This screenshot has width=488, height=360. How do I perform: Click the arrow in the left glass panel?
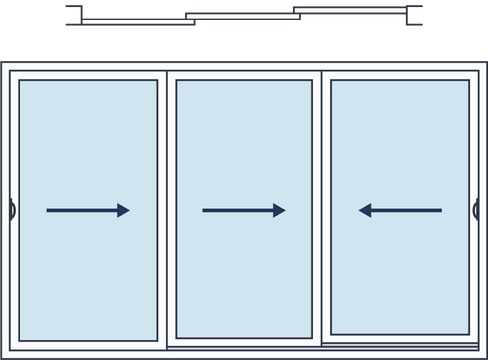(87, 210)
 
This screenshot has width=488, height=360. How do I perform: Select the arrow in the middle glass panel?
(243, 210)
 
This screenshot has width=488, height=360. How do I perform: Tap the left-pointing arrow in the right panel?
(400, 210)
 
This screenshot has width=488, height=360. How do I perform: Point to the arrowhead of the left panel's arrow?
(123, 210)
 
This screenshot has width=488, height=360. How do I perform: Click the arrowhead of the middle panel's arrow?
(279, 210)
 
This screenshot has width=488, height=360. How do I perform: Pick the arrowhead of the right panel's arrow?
(365, 210)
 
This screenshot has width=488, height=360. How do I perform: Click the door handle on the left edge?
(10, 209)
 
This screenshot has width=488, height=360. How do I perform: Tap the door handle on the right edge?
(476, 209)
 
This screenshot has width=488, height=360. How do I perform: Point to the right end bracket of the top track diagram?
(418, 14)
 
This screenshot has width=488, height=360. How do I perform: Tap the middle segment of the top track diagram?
(239, 15)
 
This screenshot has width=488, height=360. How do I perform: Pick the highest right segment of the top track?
(351, 8)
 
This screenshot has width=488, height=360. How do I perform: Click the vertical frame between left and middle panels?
(166, 210)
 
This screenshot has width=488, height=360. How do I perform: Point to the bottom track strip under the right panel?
(400, 343)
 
